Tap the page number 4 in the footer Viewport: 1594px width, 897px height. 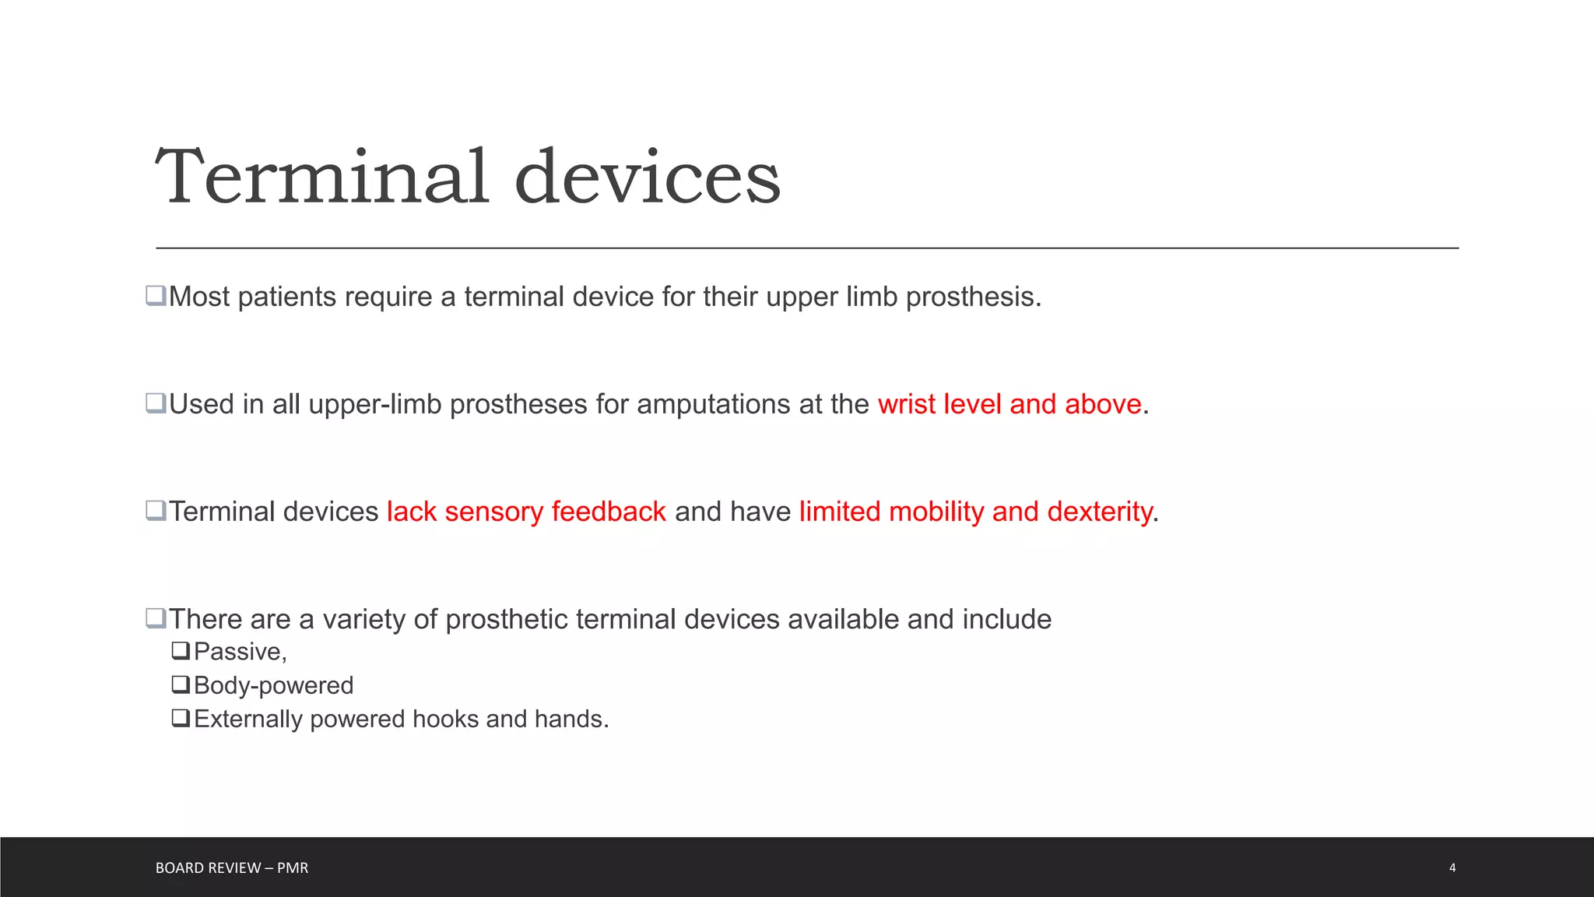(1452, 867)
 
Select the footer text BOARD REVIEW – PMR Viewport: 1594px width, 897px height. (232, 867)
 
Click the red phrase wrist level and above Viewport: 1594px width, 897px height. (1009, 404)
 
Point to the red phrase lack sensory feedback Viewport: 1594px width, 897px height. (526, 512)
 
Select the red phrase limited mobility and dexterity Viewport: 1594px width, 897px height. (975, 512)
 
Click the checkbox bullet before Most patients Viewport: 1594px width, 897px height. (156, 296)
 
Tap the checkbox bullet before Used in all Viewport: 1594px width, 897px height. (156, 403)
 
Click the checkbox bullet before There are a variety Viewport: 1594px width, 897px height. (156, 618)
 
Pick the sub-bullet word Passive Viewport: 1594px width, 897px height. (238, 652)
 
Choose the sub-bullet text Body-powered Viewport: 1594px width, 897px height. (273, 685)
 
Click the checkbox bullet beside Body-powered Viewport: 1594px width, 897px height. (181, 684)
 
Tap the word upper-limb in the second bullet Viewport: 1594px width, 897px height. (374, 405)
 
